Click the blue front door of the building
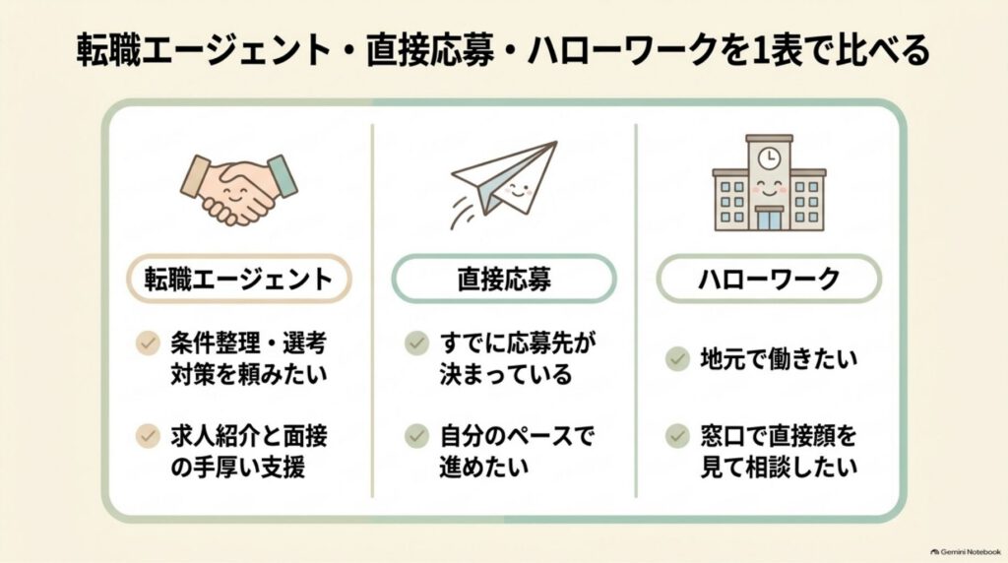point(769,219)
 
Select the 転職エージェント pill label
point(238,279)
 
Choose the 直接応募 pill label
point(504,279)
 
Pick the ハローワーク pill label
point(769,279)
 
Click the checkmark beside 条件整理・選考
point(148,344)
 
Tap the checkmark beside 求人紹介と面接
point(148,436)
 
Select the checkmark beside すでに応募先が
point(416,344)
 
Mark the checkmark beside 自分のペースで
point(416,436)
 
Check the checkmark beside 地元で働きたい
point(677,358)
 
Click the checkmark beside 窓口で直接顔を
point(677,436)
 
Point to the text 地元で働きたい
point(780,358)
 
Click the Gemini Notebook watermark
point(966,551)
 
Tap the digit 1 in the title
point(760,50)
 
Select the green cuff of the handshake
point(283,175)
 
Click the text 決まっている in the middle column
point(505,374)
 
